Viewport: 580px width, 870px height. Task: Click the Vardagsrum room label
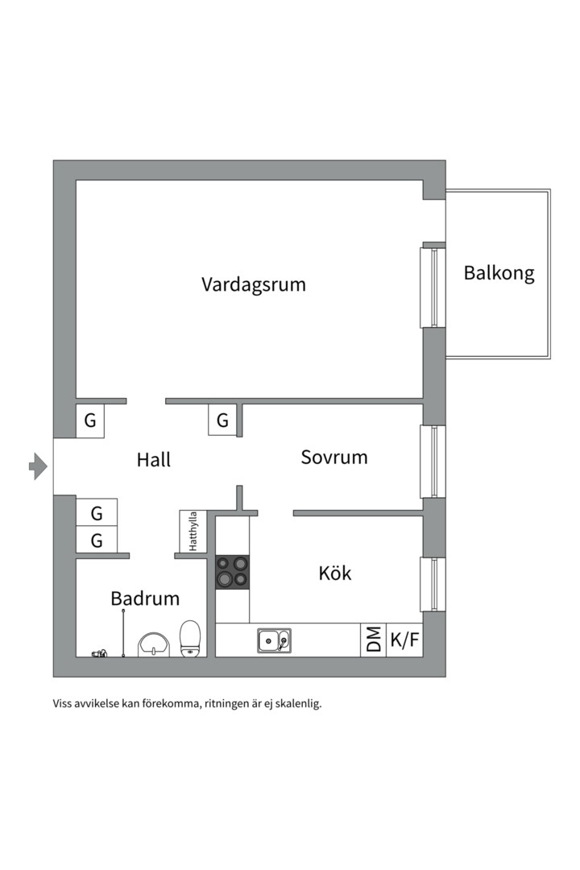pyautogui.click(x=254, y=284)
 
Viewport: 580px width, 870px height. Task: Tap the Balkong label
pyautogui.click(x=499, y=273)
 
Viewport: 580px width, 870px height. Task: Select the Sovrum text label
pyautogui.click(x=334, y=458)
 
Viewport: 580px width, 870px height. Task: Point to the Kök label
pyautogui.click(x=335, y=574)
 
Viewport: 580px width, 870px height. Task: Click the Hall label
pyautogui.click(x=153, y=460)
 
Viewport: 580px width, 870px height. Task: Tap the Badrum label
pyautogui.click(x=145, y=599)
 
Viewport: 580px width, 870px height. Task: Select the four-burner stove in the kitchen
pyautogui.click(x=232, y=573)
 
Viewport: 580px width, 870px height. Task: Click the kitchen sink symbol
pyautogui.click(x=274, y=640)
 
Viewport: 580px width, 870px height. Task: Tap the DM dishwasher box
pyautogui.click(x=374, y=640)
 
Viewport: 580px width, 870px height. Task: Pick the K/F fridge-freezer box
pyautogui.click(x=404, y=640)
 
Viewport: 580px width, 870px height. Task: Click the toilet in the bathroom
pyautogui.click(x=190, y=638)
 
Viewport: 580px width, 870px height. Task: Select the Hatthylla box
pyautogui.click(x=193, y=532)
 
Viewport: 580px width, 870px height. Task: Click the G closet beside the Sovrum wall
pyautogui.click(x=222, y=420)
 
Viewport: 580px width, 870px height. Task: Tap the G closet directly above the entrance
pyautogui.click(x=90, y=420)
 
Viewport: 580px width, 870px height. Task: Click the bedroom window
pyautogui.click(x=433, y=462)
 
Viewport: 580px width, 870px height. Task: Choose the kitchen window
pyautogui.click(x=433, y=584)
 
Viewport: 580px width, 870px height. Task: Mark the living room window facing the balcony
pyautogui.click(x=433, y=288)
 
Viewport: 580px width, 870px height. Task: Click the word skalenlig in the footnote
pyautogui.click(x=298, y=703)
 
